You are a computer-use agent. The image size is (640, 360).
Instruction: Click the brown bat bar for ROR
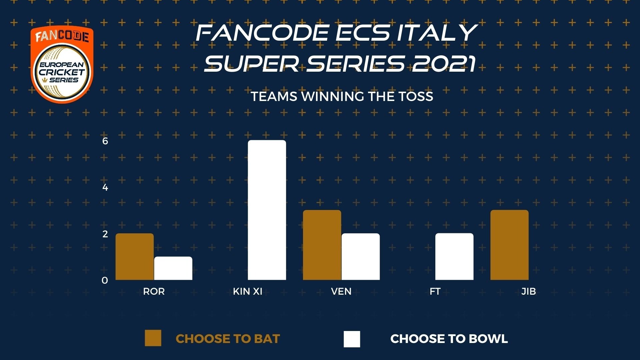click(135, 257)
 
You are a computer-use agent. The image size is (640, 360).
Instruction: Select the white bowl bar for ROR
click(173, 268)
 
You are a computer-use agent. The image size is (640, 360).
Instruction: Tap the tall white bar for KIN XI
click(267, 210)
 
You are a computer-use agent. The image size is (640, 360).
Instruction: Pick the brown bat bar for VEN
click(322, 245)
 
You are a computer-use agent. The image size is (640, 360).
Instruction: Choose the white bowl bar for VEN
click(361, 257)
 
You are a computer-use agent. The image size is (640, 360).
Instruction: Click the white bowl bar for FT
click(454, 257)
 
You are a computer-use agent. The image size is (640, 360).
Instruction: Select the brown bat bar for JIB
click(509, 245)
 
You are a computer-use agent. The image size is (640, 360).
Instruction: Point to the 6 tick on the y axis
click(105, 141)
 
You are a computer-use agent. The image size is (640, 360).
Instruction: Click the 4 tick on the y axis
click(105, 187)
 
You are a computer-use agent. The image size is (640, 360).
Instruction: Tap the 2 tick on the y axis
click(105, 234)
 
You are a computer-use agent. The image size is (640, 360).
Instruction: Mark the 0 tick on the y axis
click(105, 281)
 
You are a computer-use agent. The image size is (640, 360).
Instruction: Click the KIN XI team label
click(248, 291)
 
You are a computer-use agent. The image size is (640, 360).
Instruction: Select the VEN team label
click(341, 291)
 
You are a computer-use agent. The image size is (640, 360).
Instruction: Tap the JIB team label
click(529, 291)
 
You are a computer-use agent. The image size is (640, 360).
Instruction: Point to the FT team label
click(435, 291)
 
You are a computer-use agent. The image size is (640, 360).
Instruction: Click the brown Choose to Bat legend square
click(153, 338)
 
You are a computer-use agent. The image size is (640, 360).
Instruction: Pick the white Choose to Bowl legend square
click(352, 339)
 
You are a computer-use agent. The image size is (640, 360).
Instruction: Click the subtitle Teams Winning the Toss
click(342, 96)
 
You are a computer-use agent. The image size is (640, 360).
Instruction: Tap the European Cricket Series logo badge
click(62, 65)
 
